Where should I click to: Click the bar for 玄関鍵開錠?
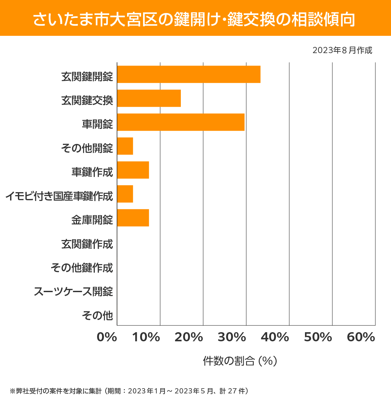189,74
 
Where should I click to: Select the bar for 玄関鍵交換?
149,98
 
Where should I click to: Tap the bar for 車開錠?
181,122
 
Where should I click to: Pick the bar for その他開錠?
125,146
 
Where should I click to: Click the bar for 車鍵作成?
133,170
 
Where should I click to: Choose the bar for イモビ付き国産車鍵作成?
125,194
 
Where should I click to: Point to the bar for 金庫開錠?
133,218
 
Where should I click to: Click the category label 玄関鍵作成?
87,244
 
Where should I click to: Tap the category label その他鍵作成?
82,268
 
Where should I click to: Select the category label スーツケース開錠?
73,291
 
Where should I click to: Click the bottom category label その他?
97,315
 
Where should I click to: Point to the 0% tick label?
107,337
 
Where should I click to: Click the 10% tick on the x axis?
146,337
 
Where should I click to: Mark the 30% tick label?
232,337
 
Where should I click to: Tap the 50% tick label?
318,337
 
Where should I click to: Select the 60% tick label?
361,337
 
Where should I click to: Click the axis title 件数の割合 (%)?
240,361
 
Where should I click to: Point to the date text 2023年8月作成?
342,50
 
